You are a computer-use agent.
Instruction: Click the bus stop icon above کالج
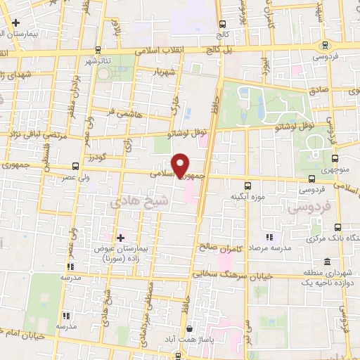(x=222, y=23)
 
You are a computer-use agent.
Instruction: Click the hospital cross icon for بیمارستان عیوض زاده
(x=121, y=238)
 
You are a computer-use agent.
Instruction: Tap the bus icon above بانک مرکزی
(x=338, y=227)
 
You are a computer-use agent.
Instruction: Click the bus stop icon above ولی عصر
(x=75, y=166)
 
